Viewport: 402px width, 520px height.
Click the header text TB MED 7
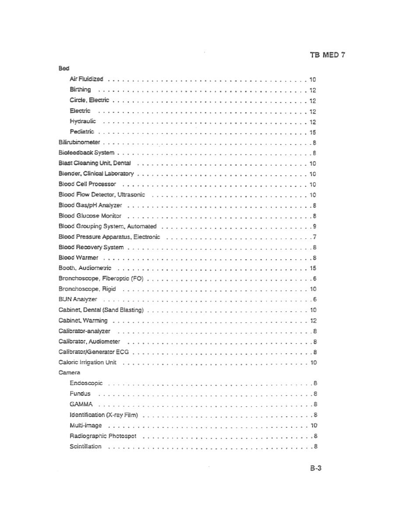(x=328, y=55)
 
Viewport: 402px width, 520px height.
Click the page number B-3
(x=316, y=468)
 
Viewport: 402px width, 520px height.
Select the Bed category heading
(x=64, y=69)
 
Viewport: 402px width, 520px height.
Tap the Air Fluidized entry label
(x=86, y=79)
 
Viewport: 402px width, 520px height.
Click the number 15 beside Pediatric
(x=313, y=132)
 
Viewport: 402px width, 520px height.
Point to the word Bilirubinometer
(x=79, y=142)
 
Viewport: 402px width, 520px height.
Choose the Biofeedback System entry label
(x=86, y=153)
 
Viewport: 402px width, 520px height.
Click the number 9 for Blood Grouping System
(x=315, y=226)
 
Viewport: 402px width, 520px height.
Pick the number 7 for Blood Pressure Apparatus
(x=315, y=237)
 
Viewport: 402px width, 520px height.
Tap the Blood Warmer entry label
(x=78, y=258)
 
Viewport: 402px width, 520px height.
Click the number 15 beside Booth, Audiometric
(x=313, y=268)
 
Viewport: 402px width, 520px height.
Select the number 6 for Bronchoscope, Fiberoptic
(x=315, y=279)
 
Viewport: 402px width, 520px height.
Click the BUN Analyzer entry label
(x=78, y=299)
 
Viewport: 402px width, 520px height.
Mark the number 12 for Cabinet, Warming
(x=313, y=321)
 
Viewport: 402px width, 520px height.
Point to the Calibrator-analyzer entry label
(x=85, y=331)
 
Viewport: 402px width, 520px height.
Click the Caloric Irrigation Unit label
(x=87, y=362)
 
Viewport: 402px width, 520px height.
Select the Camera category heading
(x=69, y=373)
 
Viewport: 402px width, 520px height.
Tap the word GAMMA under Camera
(x=81, y=404)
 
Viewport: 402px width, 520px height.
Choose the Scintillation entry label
(x=85, y=446)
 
